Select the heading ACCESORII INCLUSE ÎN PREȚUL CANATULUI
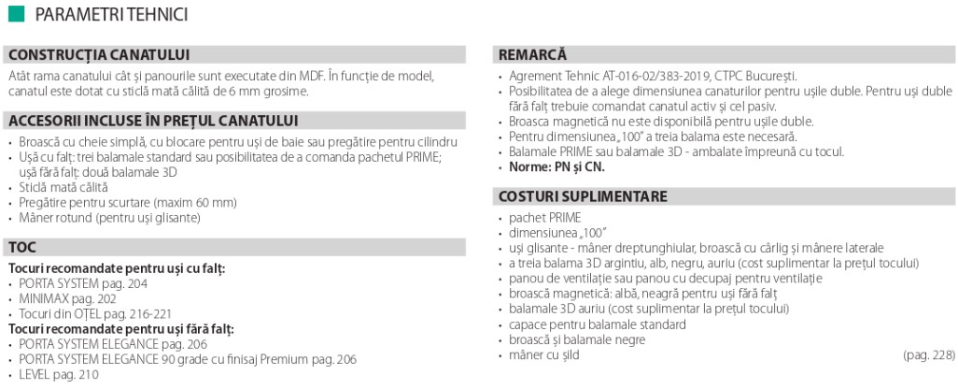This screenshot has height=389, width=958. (153, 121)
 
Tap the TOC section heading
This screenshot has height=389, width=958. (23, 248)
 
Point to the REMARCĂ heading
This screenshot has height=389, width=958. (532, 54)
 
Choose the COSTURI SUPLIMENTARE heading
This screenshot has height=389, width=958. (583, 196)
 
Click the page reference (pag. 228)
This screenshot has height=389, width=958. (929, 355)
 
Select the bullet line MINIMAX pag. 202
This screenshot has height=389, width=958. (68, 298)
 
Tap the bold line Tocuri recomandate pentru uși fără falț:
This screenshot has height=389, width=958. (121, 328)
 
